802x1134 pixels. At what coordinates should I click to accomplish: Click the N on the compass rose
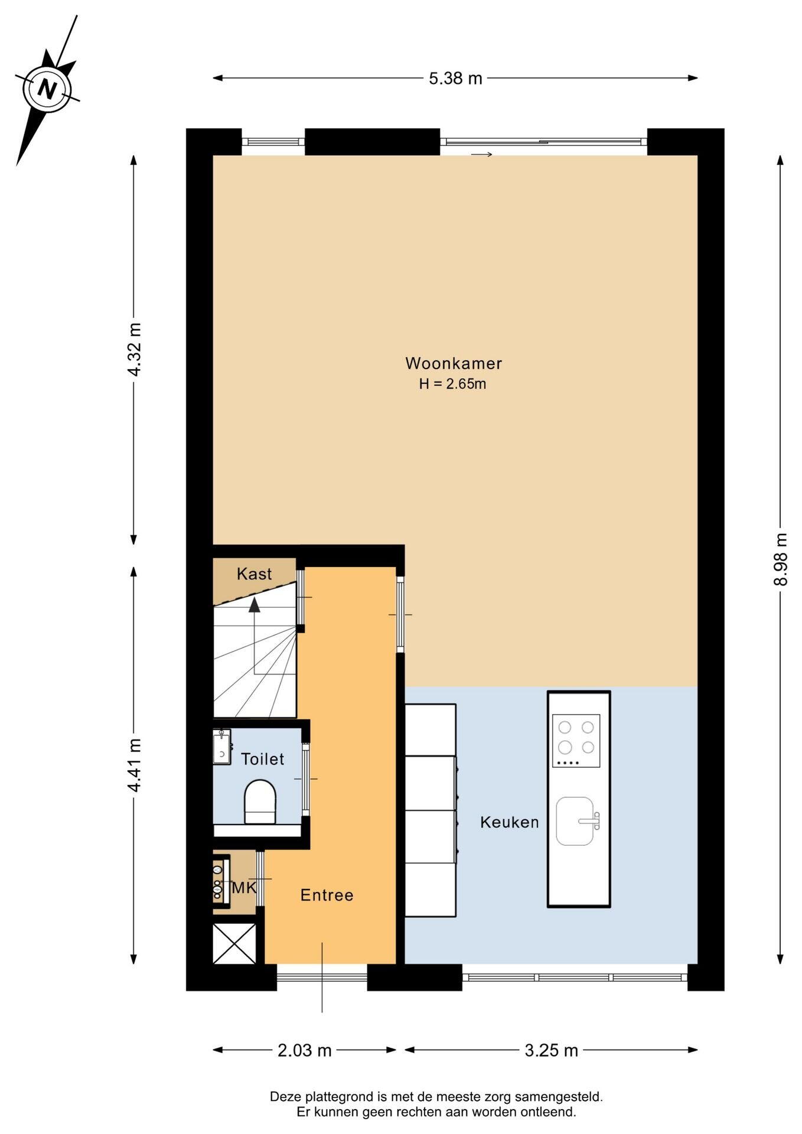(x=47, y=89)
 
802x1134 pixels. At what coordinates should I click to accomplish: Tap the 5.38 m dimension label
(x=455, y=78)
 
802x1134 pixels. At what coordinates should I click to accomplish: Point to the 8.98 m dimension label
(x=781, y=559)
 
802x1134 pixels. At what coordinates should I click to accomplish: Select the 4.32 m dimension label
(x=135, y=349)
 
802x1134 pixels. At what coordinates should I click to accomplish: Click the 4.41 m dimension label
(x=135, y=765)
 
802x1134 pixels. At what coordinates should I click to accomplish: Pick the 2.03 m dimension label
(x=305, y=1050)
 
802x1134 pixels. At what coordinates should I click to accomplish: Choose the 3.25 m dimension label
(x=551, y=1050)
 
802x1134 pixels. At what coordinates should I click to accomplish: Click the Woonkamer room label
(x=454, y=363)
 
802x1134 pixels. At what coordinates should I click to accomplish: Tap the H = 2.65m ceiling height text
(x=452, y=384)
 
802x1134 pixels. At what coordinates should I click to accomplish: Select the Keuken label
(x=509, y=822)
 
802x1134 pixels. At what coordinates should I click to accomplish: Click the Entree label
(x=327, y=895)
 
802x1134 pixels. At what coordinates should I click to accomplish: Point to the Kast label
(x=254, y=573)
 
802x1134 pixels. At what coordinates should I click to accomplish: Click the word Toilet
(x=262, y=759)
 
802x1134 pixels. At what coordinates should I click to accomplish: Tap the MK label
(x=244, y=888)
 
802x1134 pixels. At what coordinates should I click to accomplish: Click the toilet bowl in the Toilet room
(x=260, y=802)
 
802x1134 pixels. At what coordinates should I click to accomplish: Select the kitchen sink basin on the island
(x=575, y=821)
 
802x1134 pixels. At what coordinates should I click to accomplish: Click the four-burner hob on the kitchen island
(x=576, y=741)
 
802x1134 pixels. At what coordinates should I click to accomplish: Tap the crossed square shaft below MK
(x=234, y=943)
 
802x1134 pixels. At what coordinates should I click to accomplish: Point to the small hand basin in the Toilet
(x=221, y=747)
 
